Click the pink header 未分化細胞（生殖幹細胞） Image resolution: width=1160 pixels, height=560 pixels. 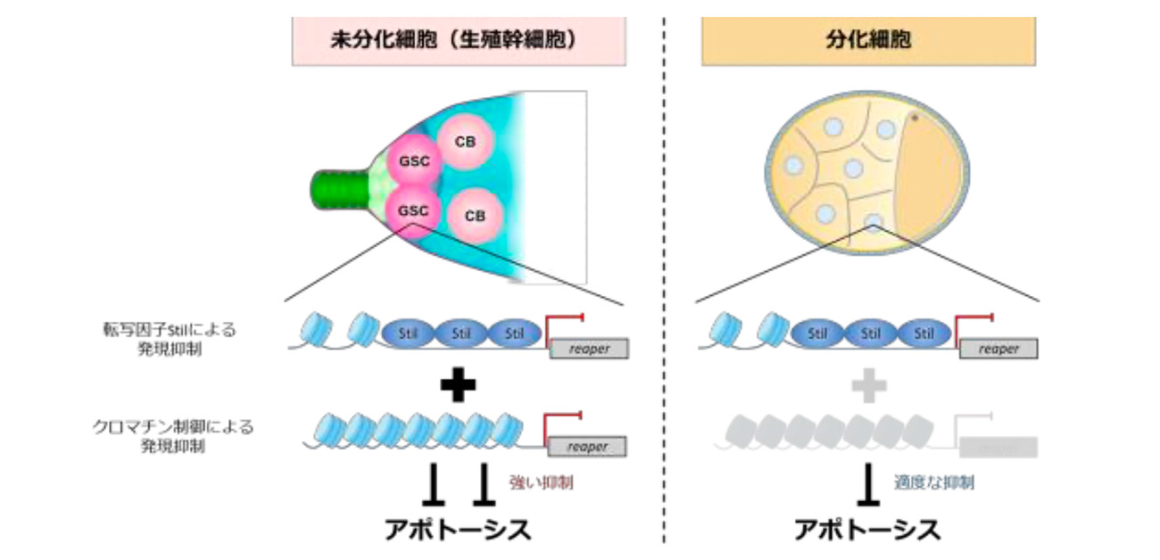coord(457,42)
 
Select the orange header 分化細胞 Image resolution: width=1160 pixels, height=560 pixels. coord(867,42)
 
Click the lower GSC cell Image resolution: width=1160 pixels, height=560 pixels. coord(412,211)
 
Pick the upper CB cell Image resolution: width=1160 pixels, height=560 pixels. coord(463,141)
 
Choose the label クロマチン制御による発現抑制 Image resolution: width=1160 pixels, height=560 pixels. coord(170,436)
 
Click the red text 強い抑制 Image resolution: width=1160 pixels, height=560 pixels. coord(541,482)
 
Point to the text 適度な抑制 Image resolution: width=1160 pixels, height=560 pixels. coord(933,482)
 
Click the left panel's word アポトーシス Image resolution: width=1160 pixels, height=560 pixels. coord(457,530)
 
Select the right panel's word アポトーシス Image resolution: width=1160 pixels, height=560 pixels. coord(866,530)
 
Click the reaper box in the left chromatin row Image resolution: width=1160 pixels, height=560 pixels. coord(586,447)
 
